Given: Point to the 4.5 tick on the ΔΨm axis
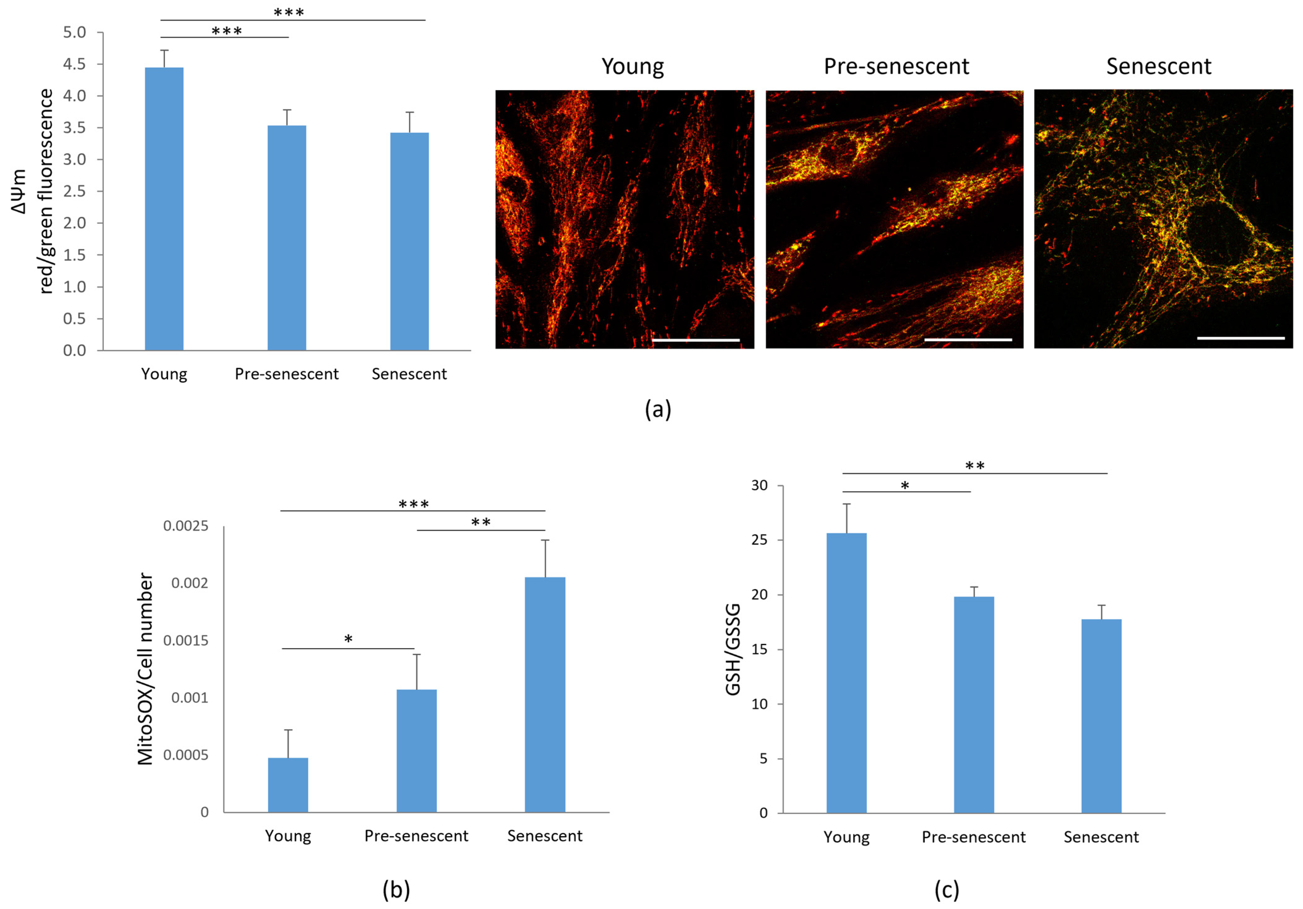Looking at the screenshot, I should click(74, 64).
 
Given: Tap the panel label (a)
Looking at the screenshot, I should click(658, 409).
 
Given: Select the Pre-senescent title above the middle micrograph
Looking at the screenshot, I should click(896, 66).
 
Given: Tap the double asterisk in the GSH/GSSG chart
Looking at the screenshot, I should click(974, 466).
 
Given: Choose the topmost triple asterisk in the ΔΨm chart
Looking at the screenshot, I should click(289, 12).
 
